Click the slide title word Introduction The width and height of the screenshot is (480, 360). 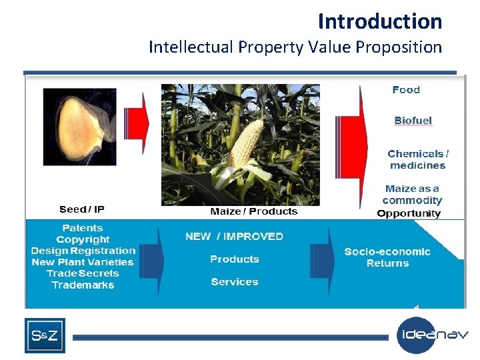click(379, 21)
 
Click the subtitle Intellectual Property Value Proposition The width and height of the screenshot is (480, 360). click(295, 47)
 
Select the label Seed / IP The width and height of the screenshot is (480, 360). click(81, 209)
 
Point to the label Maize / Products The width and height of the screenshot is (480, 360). click(253, 211)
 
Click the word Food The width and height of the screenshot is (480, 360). click(406, 90)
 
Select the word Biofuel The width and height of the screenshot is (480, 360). click(413, 121)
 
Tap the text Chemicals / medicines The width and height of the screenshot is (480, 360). click(418, 159)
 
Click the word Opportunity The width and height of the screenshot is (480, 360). click(409, 213)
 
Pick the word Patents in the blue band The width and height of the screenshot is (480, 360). click(83, 228)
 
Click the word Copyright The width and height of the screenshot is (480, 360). click(83, 239)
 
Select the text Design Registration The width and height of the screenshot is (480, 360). click(83, 251)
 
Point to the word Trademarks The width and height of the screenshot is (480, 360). click(83, 285)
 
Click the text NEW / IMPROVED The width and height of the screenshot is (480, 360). click(234, 237)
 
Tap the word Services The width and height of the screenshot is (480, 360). click(235, 282)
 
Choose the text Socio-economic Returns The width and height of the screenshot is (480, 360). click(387, 257)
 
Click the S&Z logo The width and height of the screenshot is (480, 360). click(45, 336)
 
